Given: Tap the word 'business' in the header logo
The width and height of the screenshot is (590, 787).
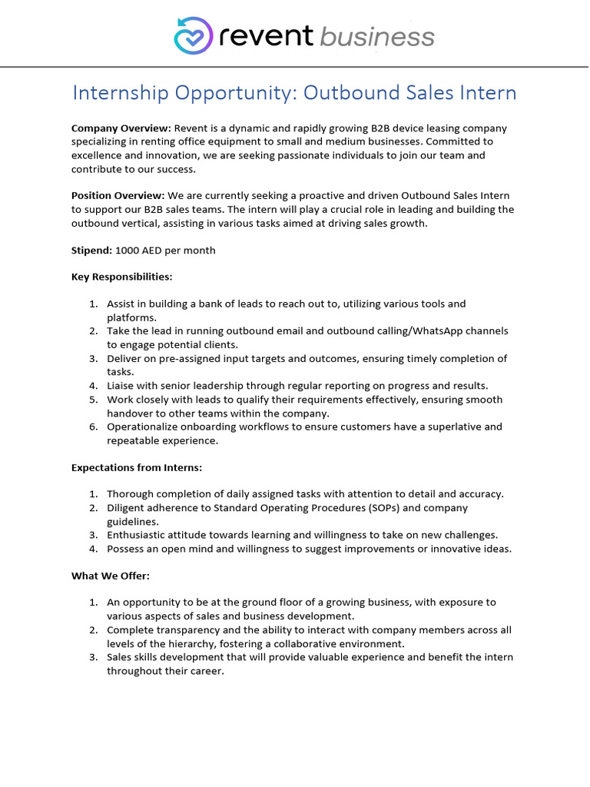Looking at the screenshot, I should click(x=377, y=36).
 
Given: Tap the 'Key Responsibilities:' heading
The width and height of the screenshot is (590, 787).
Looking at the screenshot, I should click(x=121, y=277).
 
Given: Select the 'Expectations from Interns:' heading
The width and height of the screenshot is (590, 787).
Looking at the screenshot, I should click(x=137, y=467).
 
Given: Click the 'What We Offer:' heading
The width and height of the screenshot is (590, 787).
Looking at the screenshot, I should click(x=110, y=575).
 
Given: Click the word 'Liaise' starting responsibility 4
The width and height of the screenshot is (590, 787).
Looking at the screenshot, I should click(x=122, y=386).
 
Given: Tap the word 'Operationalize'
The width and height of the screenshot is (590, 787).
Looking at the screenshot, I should click(x=146, y=427).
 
